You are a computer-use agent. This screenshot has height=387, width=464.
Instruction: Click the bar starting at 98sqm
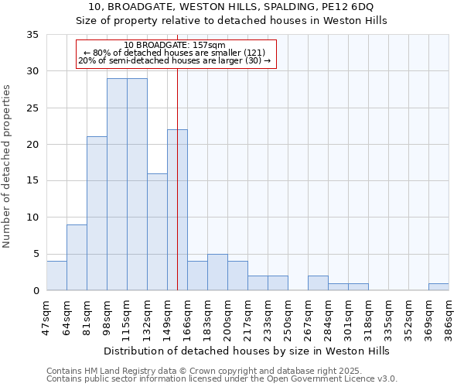coord(117,184)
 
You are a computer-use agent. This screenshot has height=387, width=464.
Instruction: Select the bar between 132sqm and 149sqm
coord(157,231)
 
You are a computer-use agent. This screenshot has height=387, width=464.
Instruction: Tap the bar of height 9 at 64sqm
coord(77,257)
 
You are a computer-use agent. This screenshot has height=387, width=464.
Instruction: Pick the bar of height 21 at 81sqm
coord(97,213)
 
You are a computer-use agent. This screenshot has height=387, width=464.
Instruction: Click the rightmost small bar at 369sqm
coord(438,286)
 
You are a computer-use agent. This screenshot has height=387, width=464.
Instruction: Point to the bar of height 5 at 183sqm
coord(217,272)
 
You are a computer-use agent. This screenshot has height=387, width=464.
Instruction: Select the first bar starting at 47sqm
coord(56,276)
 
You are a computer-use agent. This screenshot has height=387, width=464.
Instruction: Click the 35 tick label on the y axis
coord(32,35)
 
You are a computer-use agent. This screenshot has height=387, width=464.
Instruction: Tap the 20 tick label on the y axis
coord(32,145)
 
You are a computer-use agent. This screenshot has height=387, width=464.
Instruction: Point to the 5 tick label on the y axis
coord(35,254)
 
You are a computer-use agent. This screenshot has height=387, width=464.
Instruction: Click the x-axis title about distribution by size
coord(247,351)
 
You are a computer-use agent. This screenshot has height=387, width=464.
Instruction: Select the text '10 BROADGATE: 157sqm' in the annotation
coord(175,46)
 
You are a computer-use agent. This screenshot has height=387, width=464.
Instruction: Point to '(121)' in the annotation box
coord(252,52)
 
